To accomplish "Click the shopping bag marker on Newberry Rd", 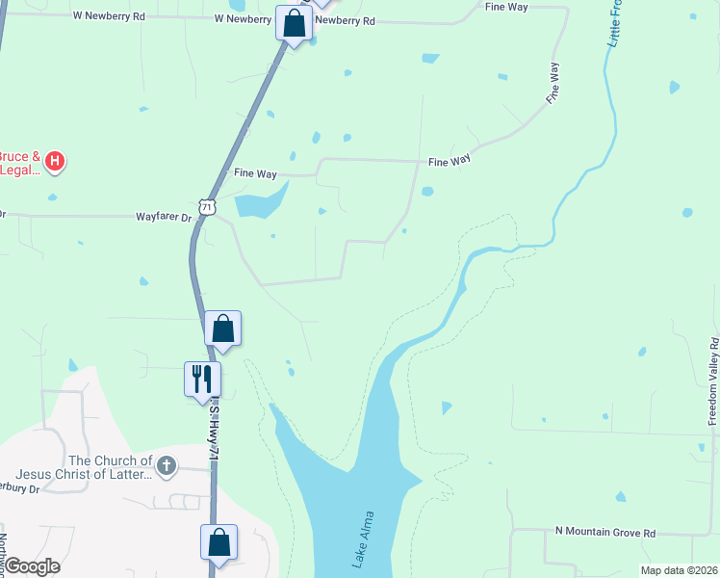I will click(x=295, y=23).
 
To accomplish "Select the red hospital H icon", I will click(x=56, y=161).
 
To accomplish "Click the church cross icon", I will click(x=167, y=467).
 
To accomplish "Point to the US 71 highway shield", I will click(x=207, y=206).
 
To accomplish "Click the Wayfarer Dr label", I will click(x=166, y=218).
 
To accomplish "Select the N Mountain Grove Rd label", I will click(x=605, y=532).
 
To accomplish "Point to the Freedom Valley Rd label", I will click(x=713, y=381).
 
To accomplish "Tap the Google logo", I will click(x=32, y=566).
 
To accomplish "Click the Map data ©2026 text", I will click(x=679, y=570).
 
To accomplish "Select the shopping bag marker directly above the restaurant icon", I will click(x=223, y=328).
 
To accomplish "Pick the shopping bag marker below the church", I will click(x=219, y=541).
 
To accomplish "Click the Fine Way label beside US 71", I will click(x=256, y=173).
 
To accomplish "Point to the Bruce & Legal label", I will click(x=20, y=163).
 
